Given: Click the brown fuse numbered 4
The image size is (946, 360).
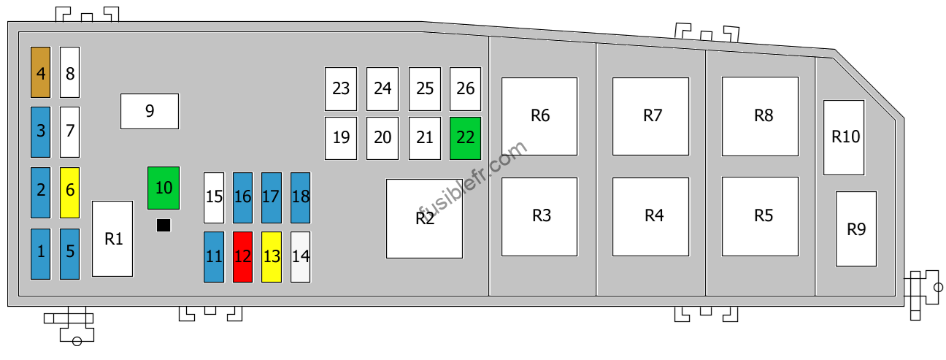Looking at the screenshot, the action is [x=41, y=72].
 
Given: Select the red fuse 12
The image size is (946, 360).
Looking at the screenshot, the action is [x=243, y=257].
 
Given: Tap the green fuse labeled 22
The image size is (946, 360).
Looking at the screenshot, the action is [x=466, y=138].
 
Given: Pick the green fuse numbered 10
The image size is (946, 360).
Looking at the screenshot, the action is [x=164, y=188].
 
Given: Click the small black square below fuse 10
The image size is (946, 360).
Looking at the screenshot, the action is [x=164, y=225].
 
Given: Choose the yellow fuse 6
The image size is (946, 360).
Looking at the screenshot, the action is [x=69, y=193].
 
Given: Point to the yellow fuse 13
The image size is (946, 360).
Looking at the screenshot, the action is [x=272, y=257].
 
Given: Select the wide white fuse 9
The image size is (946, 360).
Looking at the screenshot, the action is [x=150, y=111].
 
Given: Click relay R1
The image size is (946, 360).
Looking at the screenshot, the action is [x=112, y=239].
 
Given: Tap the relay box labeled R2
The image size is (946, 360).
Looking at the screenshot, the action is [x=424, y=218].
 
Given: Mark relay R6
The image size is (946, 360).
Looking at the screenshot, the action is [x=539, y=116].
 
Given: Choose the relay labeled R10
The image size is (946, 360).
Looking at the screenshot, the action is [x=844, y=137].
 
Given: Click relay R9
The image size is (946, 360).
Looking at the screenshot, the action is [x=856, y=229].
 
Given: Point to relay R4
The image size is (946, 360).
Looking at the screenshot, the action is [x=651, y=217].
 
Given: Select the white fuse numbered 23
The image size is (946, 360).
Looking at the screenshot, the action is [x=341, y=89].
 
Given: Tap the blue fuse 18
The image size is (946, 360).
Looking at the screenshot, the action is [x=300, y=198].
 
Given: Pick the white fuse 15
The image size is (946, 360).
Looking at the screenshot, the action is [x=214, y=198].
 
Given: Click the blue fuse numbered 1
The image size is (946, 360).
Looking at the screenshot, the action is [x=41, y=254].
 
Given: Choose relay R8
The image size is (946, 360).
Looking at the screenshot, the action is [x=760, y=116].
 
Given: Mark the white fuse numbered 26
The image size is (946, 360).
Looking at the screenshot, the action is [x=466, y=89].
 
